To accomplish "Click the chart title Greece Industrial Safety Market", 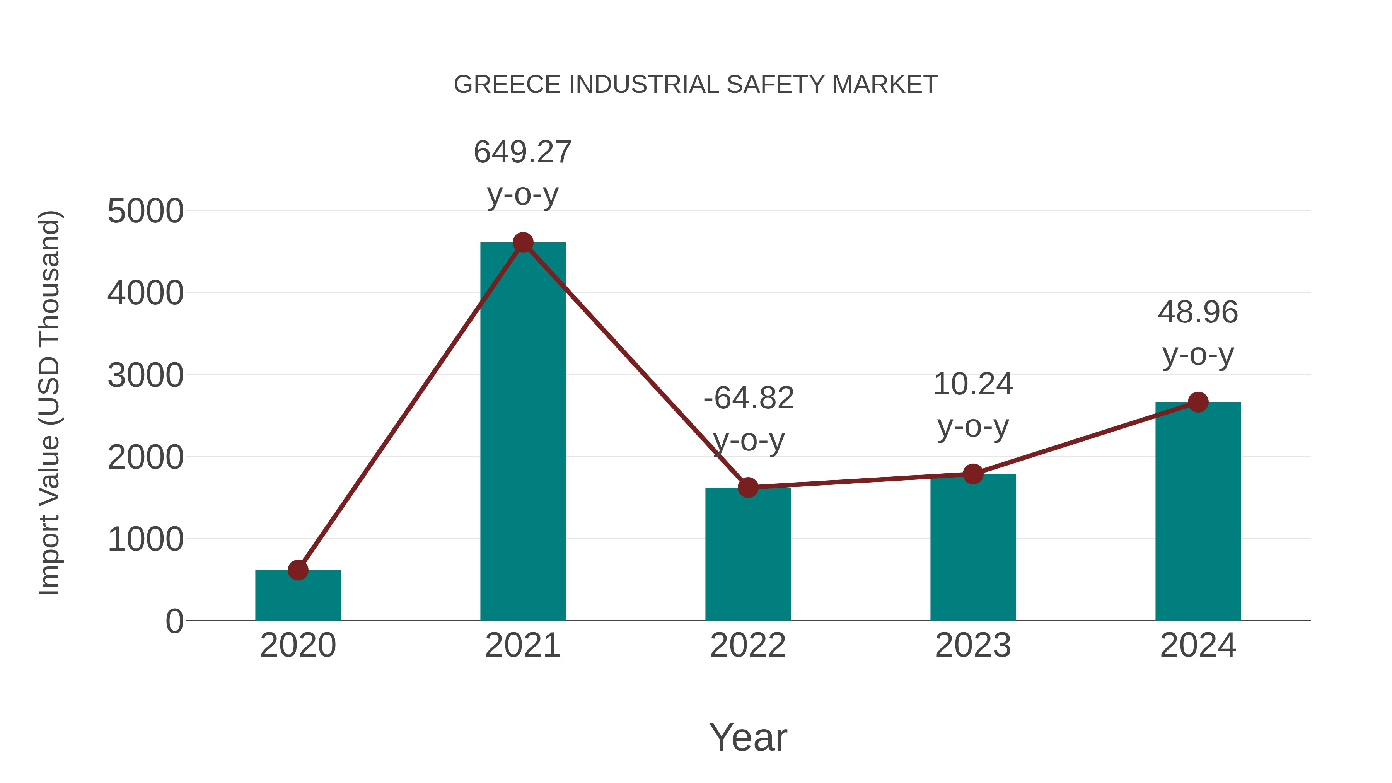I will point(696,85).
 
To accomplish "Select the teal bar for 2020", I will point(298,597).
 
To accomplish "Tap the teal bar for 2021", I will point(522,432).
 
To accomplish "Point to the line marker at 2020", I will point(298,570).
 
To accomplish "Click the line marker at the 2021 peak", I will point(522,242).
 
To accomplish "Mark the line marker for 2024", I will point(1198,402).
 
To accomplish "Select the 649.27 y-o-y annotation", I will point(522,172).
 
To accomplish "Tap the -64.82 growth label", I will point(749,419).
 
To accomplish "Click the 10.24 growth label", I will point(973,405).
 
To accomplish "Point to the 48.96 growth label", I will point(1198,333).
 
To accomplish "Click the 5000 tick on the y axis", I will point(145,211).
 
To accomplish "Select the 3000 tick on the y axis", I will point(145,375).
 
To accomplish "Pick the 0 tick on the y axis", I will point(174,621).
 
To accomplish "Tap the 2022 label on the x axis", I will point(748,645).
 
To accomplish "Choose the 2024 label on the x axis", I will point(1198,645).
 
